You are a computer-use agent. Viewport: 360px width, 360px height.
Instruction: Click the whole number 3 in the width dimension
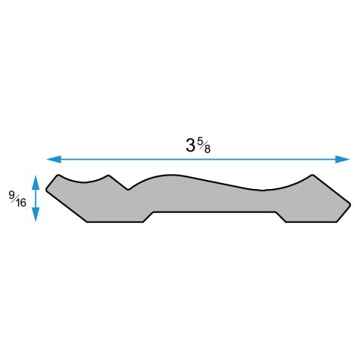pyautogui.click(x=190, y=145)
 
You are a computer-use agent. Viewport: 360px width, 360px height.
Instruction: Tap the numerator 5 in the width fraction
pyautogui.click(x=200, y=140)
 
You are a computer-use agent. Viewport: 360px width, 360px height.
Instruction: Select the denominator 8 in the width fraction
pyautogui.click(x=206, y=148)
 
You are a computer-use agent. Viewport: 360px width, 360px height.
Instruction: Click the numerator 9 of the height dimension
pyautogui.click(x=12, y=196)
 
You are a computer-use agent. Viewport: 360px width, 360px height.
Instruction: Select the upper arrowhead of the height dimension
pyautogui.click(x=36, y=181)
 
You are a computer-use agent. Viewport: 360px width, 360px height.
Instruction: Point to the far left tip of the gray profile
pyautogui.click(x=46, y=189)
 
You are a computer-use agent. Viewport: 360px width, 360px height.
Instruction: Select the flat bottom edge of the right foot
pyautogui.click(x=312, y=223)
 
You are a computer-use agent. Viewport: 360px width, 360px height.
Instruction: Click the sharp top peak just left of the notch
pyautogui.click(x=109, y=176)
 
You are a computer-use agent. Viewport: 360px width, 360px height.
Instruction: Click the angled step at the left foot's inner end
pyautogui.click(x=148, y=217)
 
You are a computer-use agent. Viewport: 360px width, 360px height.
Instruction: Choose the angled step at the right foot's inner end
pyautogui.click(x=280, y=217)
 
